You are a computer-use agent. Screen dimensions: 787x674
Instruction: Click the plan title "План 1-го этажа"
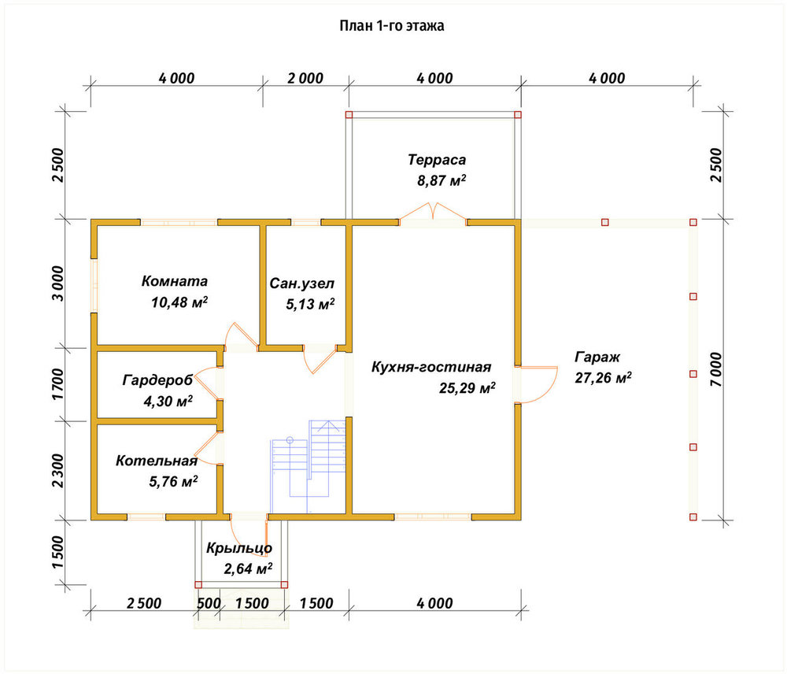[x=391, y=26]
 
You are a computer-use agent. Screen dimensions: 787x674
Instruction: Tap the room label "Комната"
[x=174, y=281]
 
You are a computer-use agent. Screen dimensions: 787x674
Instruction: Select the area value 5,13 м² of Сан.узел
[x=310, y=304]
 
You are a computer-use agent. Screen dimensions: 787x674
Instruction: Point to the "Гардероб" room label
[x=157, y=380]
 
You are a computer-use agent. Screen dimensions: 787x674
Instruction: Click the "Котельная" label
[x=156, y=461]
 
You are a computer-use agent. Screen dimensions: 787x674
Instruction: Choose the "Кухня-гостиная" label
[x=431, y=367]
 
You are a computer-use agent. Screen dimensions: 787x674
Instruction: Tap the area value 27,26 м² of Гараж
[x=603, y=377]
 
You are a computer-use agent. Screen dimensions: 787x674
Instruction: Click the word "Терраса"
[x=437, y=160]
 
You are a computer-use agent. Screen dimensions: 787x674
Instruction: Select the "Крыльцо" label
[x=239, y=548]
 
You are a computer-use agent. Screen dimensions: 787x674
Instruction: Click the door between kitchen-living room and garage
[x=536, y=385]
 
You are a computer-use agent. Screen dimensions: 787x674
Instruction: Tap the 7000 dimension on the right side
[x=715, y=369]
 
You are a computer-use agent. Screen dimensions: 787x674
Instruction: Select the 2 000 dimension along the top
[x=305, y=79]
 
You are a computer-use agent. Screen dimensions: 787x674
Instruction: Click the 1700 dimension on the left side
[x=58, y=383]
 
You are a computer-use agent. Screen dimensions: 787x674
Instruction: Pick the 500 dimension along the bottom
[x=209, y=603]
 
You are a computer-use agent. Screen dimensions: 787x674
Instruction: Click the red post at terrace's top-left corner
[x=349, y=114]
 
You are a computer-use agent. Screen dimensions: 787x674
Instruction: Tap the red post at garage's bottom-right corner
[x=693, y=517]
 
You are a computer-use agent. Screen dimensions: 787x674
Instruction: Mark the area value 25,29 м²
[x=467, y=388]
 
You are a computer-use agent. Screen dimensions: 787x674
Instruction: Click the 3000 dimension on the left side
[x=58, y=283]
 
